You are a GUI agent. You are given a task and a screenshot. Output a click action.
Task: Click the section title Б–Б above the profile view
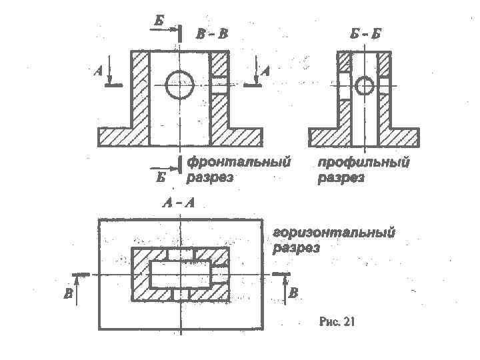click(365, 33)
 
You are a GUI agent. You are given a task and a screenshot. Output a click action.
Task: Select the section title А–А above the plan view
click(180, 203)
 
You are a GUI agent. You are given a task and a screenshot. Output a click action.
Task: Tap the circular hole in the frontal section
click(180, 85)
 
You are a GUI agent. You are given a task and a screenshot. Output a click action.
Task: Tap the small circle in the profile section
click(364, 86)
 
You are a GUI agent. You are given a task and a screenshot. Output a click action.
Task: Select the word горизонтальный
click(333, 233)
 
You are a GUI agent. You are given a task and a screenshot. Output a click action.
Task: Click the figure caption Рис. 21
click(338, 323)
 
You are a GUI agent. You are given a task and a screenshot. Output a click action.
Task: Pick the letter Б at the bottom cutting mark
click(160, 177)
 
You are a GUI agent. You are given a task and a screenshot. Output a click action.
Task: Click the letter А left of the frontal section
click(99, 71)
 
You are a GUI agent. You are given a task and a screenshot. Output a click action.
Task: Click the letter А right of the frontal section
click(265, 71)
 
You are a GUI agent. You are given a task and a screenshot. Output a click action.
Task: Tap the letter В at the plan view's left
click(69, 294)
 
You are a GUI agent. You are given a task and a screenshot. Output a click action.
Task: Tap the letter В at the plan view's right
click(295, 293)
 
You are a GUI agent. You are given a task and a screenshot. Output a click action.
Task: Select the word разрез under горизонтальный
click(297, 248)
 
